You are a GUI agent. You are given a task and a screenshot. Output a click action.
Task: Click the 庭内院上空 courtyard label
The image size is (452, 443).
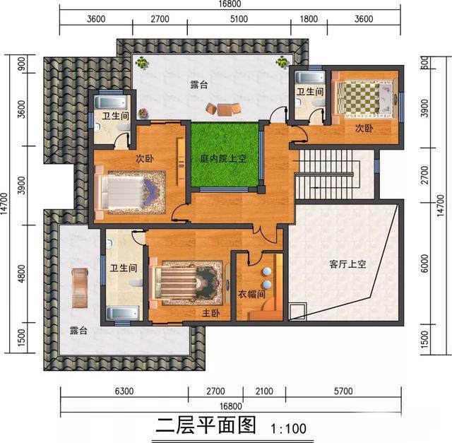click(223, 159)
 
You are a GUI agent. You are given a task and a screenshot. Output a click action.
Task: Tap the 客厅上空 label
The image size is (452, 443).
click(347, 264)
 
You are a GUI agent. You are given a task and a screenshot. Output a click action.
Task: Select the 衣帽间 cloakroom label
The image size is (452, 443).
click(251, 294)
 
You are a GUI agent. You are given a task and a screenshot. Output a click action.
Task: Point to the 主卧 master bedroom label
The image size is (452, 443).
click(210, 313)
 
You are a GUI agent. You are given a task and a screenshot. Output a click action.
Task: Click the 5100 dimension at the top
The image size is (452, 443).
click(239, 19)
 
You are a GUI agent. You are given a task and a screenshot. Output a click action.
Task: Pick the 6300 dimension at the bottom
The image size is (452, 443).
click(124, 391)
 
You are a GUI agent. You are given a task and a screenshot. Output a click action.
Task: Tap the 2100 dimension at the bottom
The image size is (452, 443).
click(264, 391)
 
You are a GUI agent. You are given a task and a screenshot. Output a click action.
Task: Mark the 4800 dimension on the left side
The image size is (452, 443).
click(21, 273)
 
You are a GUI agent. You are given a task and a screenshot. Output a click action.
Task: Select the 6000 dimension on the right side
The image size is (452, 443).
click(424, 263)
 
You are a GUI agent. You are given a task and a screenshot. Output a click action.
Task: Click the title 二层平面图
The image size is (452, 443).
click(206, 425)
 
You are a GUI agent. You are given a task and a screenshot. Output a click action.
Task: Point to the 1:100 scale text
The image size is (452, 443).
click(288, 429)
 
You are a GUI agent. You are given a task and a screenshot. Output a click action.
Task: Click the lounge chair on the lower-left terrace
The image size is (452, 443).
click(79, 288)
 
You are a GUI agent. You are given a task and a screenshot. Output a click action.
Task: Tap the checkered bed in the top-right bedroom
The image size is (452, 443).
click(364, 99)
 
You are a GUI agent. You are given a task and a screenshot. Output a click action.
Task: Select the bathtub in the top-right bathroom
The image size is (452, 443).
click(310, 78)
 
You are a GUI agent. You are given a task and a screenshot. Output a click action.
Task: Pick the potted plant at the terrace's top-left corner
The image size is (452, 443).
click(142, 62)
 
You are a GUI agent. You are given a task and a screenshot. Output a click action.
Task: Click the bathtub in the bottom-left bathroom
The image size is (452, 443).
click(123, 314)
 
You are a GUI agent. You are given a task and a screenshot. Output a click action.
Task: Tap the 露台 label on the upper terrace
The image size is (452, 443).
click(199, 85)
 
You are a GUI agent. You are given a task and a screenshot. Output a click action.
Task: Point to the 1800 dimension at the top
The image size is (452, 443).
click(309, 19)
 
